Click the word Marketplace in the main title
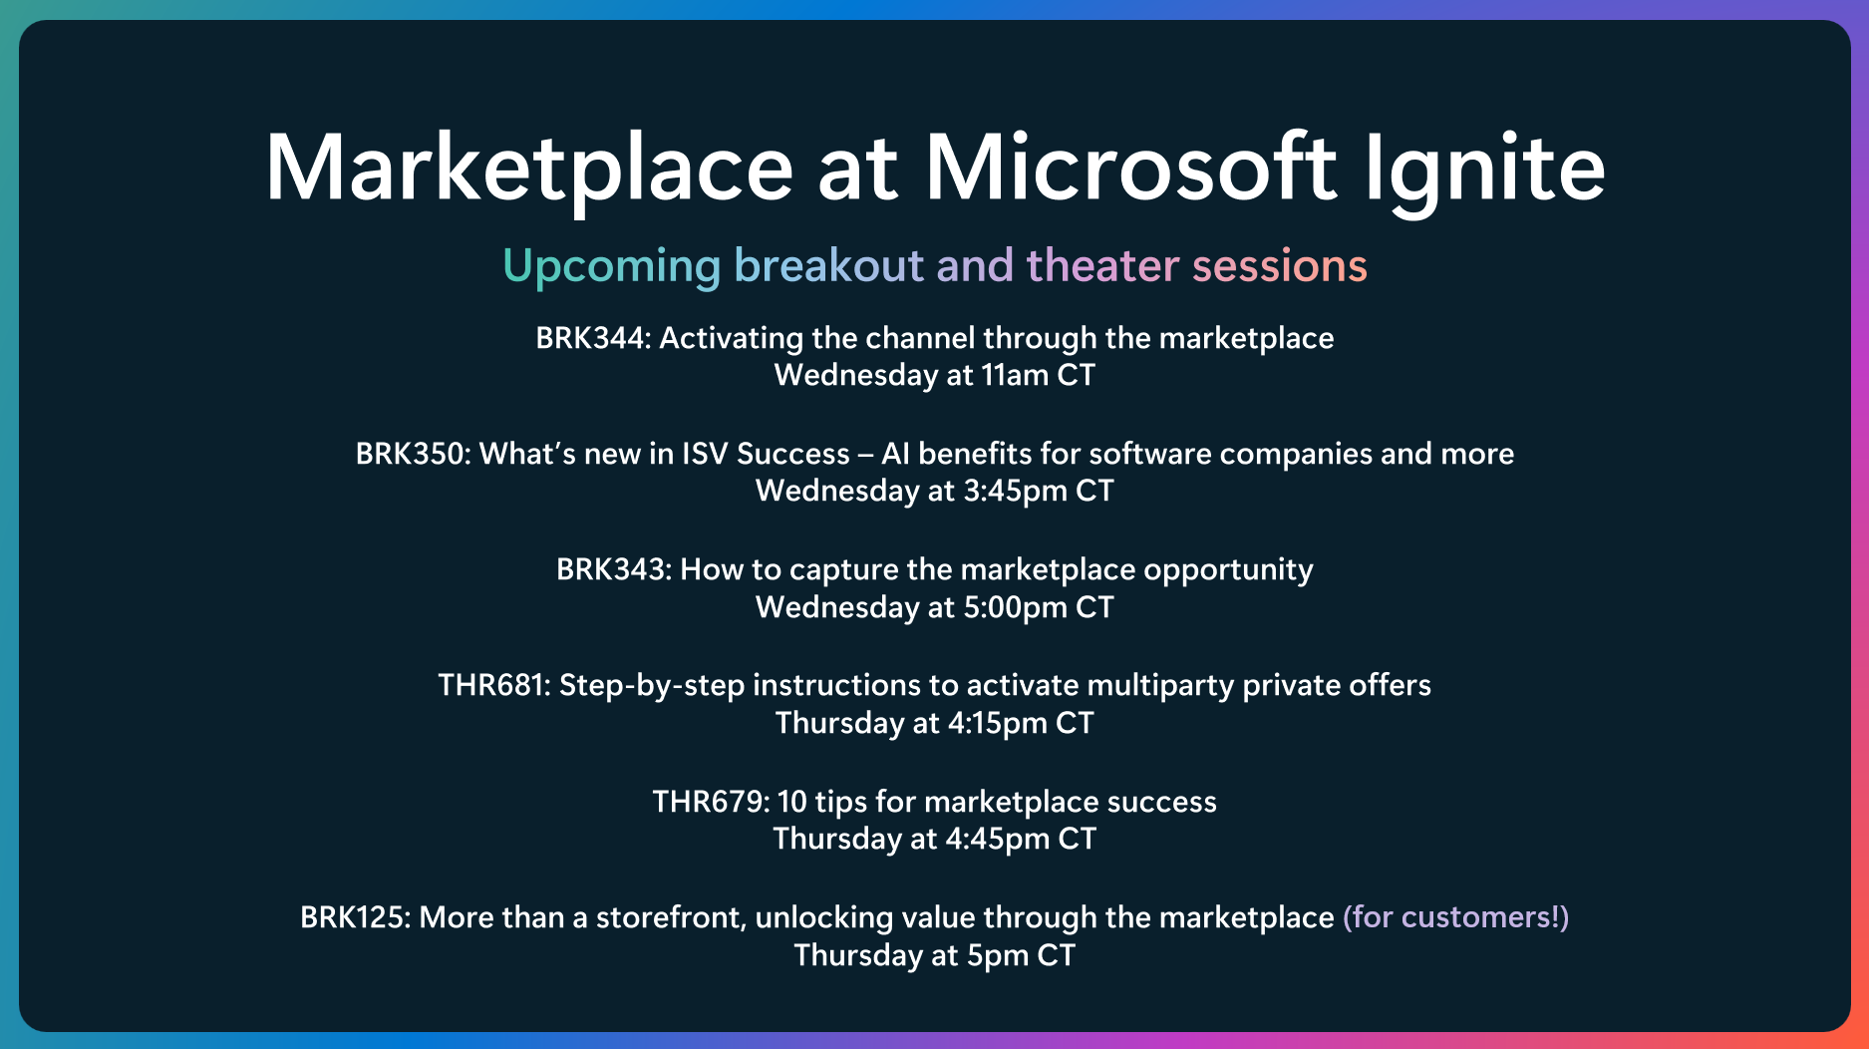(x=529, y=169)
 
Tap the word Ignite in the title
(x=1484, y=171)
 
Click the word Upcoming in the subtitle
(x=611, y=267)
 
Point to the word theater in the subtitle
(x=1103, y=265)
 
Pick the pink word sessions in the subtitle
(x=1280, y=266)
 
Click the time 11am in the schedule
(x=1015, y=376)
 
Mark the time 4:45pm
(x=997, y=840)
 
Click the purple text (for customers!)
(x=1456, y=917)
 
